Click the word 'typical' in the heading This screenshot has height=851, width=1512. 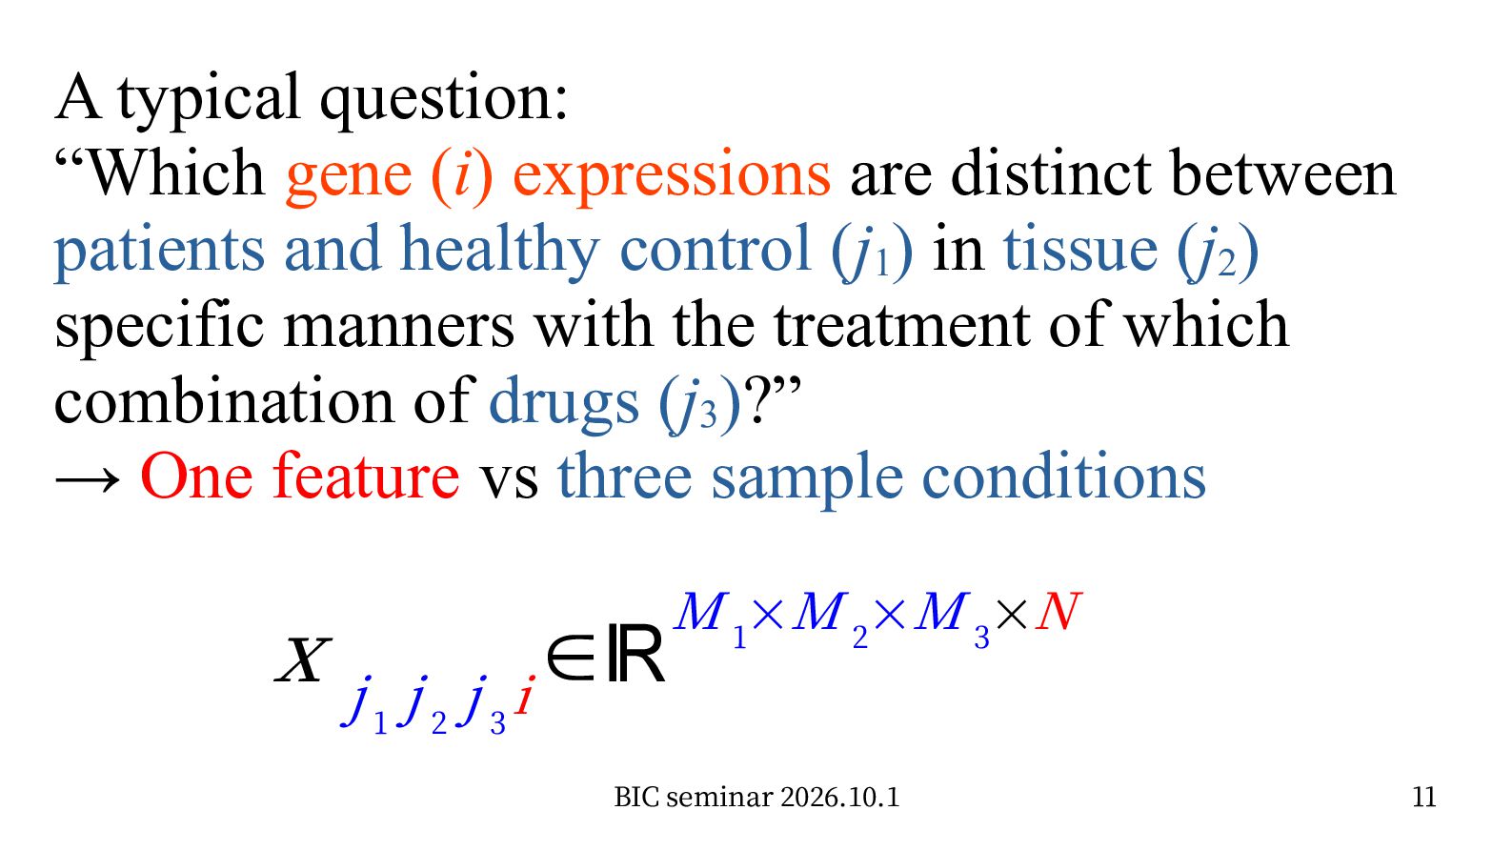(208, 99)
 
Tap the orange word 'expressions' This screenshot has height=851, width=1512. (672, 176)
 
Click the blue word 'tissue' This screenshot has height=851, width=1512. (1080, 250)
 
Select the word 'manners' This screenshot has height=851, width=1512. (398, 329)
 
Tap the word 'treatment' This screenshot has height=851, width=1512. (901, 325)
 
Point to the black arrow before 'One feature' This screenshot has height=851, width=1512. (87, 478)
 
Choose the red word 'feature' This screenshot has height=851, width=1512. (366, 475)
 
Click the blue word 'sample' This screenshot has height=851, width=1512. (807, 478)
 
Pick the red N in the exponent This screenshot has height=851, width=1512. (1058, 612)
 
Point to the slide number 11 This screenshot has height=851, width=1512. (1424, 797)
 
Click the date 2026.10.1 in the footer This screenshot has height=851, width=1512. (839, 798)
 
